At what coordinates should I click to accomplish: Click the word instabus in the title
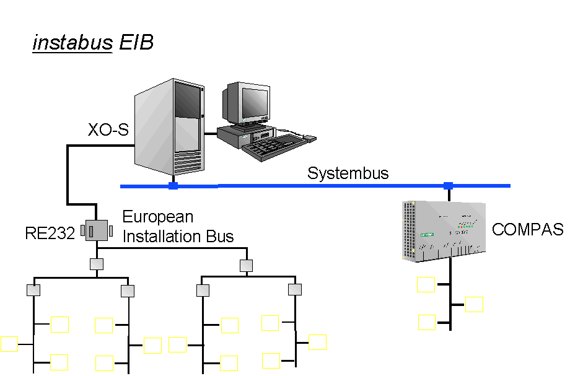tap(72, 43)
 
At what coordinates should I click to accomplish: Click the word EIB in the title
tap(136, 43)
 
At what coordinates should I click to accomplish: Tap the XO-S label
tap(107, 130)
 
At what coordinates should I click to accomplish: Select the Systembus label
tap(348, 173)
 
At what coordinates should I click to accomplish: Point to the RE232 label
tap(50, 234)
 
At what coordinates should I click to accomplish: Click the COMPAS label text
tap(527, 230)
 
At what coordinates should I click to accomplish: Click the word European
tap(158, 217)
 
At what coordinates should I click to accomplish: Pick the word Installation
tap(156, 236)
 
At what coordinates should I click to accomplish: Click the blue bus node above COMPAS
tap(448, 185)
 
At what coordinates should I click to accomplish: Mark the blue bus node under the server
tap(173, 185)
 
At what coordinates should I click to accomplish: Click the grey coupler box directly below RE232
tap(97, 265)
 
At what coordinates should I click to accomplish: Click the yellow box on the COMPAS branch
tap(427, 322)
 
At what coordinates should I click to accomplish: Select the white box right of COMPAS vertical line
tap(474, 304)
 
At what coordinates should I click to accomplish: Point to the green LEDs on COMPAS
tap(465, 226)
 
